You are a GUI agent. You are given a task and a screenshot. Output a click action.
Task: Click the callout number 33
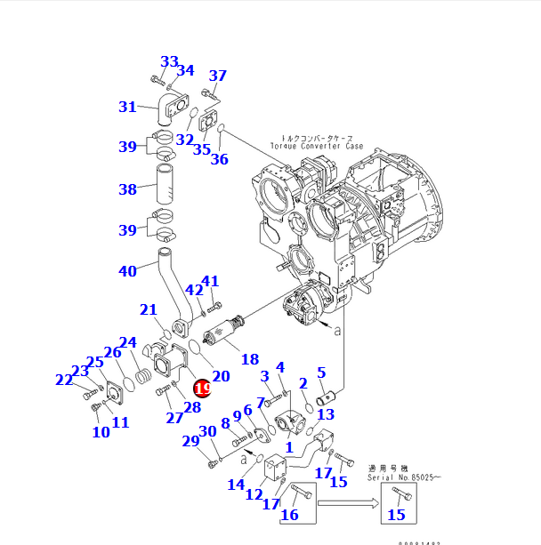169,61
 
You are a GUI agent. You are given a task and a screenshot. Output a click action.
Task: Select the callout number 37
217,76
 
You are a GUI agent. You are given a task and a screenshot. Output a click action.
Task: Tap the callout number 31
128,108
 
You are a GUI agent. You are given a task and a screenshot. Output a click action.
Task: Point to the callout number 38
128,189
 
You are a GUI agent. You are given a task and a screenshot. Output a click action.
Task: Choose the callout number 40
128,271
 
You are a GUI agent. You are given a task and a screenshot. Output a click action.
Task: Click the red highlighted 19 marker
202,388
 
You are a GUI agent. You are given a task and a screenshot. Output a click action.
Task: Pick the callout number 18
250,359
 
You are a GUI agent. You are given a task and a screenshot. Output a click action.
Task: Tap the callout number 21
148,309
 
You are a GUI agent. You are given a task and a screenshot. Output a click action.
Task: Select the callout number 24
128,342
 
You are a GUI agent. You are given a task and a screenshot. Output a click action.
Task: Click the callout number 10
101,432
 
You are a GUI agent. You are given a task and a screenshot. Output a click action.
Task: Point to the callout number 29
190,441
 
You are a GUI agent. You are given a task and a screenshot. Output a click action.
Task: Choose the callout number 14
235,485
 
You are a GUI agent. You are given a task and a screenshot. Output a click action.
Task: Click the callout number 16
289,515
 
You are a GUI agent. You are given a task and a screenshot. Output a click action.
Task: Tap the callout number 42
193,291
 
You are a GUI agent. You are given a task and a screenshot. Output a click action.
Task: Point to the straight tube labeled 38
166,190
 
